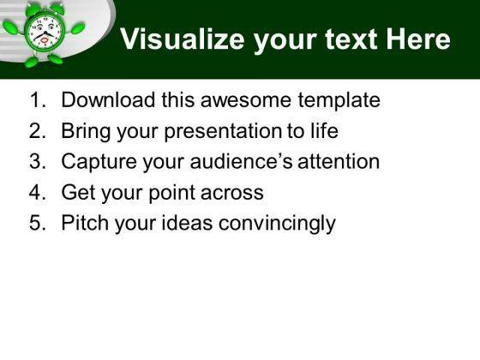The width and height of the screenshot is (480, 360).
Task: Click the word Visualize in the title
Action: [x=182, y=39]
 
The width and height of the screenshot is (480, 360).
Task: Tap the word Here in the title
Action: [x=418, y=39]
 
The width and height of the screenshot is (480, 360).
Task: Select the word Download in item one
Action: [x=108, y=99]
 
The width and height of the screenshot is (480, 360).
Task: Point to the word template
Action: [x=339, y=101]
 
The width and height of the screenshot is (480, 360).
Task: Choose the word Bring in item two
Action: [x=86, y=132]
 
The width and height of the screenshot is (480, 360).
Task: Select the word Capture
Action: [x=99, y=162]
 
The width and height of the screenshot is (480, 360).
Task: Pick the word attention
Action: [x=339, y=161]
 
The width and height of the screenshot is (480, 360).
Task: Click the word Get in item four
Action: [x=78, y=192]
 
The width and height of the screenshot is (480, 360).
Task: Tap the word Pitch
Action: [x=85, y=223]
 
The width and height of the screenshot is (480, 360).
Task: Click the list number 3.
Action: [x=38, y=161]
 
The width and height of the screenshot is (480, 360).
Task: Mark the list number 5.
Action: [x=38, y=223]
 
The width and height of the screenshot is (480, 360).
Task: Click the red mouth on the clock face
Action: [x=45, y=40]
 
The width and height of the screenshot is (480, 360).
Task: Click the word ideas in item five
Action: [x=187, y=223]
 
